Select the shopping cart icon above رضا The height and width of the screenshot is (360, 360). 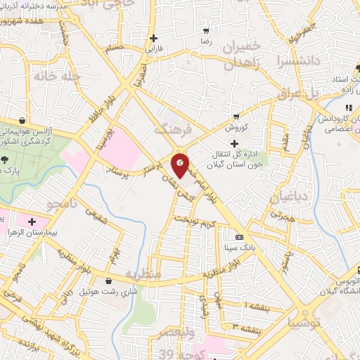click(x=205, y=31)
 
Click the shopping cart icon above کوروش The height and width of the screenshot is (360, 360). click(x=237, y=117)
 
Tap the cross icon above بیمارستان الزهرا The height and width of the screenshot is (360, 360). click(x=32, y=222)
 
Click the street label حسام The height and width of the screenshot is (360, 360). click(x=114, y=48)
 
